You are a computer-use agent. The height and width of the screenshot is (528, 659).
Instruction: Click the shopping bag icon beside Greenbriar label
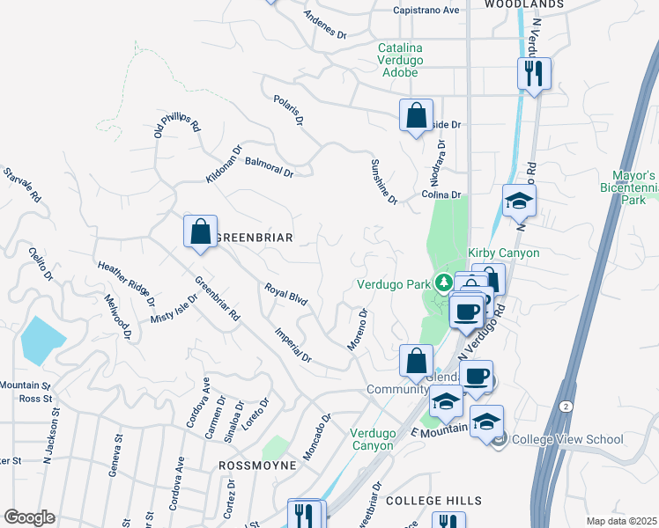tap(201, 232)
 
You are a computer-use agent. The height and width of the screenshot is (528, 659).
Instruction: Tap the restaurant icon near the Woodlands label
tap(534, 73)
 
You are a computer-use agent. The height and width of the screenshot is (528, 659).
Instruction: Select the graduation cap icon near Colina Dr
tap(520, 201)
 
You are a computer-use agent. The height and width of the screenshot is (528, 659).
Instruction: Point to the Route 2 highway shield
tap(563, 405)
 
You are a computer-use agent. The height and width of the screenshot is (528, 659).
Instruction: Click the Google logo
tap(29, 517)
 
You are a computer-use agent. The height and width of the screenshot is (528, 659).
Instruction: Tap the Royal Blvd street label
tap(286, 294)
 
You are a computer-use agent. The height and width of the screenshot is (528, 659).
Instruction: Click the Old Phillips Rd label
tap(177, 124)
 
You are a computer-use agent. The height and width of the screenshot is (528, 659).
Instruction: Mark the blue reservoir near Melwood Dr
tap(41, 340)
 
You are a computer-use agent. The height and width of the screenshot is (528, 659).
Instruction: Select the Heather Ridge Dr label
tap(126, 283)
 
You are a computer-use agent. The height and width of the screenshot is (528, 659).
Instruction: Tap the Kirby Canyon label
tap(503, 253)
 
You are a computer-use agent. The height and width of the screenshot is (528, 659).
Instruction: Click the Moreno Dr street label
tap(357, 330)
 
